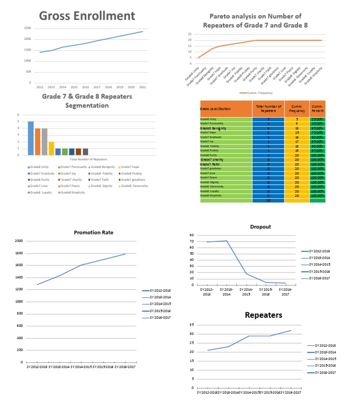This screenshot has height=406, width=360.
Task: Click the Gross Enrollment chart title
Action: pyautogui.click(x=87, y=15)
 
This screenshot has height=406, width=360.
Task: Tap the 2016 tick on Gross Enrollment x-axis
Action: pyautogui.click(x=85, y=87)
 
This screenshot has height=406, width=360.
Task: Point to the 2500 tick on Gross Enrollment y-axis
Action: pyautogui.click(x=27, y=28)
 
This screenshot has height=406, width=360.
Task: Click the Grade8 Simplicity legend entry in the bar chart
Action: pyautogui.click(x=72, y=192)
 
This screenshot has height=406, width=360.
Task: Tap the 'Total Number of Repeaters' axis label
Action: pyautogui.click(x=89, y=160)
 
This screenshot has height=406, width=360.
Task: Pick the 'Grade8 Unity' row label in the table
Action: pyautogui.click(x=209, y=120)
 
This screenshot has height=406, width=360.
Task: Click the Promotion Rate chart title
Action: pyautogui.click(x=93, y=232)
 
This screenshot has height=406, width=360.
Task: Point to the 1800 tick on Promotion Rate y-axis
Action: pyautogui.click(x=19, y=253)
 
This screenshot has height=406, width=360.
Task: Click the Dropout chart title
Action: pyautogui.click(x=261, y=226)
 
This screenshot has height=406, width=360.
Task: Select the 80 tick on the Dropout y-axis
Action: pyautogui.click(x=191, y=235)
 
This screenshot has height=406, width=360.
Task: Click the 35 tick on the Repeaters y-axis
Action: pyautogui.click(x=191, y=325)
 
